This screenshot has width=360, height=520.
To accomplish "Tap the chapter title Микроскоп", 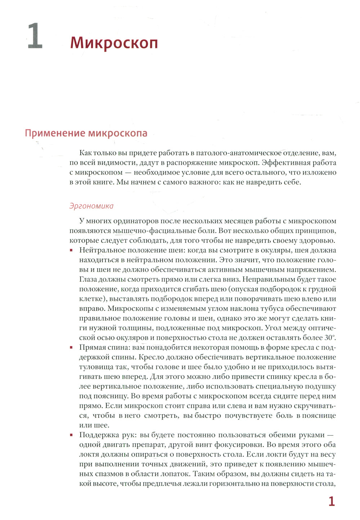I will (114, 43).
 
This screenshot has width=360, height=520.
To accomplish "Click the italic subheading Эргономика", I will (91, 206).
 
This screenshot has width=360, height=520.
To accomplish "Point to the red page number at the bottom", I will (331, 502).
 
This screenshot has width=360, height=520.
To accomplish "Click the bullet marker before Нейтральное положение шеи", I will (71, 250).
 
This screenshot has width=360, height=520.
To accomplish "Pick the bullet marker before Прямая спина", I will (71, 348).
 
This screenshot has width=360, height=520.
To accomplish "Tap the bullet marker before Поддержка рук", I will (71, 435).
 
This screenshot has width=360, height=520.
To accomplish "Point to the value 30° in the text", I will (329, 338).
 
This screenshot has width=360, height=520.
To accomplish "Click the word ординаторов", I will (136, 221).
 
